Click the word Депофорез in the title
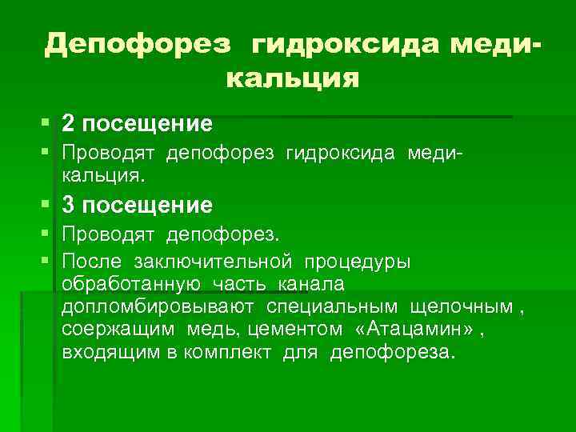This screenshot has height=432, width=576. point(138,44)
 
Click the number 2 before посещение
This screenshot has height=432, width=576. point(69,124)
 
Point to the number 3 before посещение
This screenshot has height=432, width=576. point(69,206)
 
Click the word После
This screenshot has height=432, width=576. point(92,261)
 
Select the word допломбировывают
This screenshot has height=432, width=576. point(158,306)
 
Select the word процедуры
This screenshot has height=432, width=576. point(361,261)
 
